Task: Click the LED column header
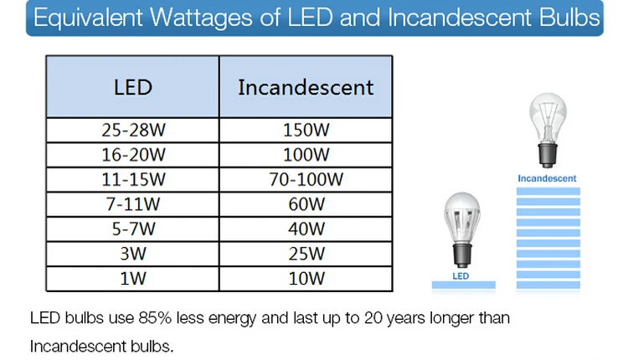pos(133,87)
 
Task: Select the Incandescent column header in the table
pos(306,87)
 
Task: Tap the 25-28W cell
pos(133,130)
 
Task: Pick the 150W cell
pos(306,130)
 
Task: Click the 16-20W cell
pos(133,155)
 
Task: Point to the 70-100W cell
pos(306,180)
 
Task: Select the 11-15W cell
pos(133,180)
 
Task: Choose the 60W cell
pos(306,204)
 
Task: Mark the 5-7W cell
pos(133,229)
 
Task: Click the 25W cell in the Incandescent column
pos(306,254)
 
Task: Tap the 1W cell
pos(133,279)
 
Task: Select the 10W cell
pos(306,279)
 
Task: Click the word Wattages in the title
pos(201,18)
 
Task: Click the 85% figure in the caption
pos(155,318)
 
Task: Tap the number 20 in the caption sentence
pos(373,318)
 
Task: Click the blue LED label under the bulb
pos(461,276)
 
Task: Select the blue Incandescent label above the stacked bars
pos(547,178)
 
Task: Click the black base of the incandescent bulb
pos(548,155)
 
